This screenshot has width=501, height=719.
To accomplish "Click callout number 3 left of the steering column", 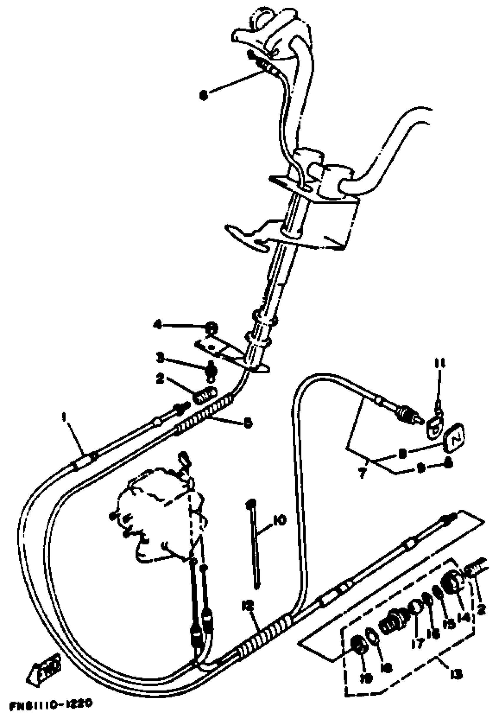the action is tap(160, 358).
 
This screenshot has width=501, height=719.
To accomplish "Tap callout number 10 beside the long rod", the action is tap(279, 521).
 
